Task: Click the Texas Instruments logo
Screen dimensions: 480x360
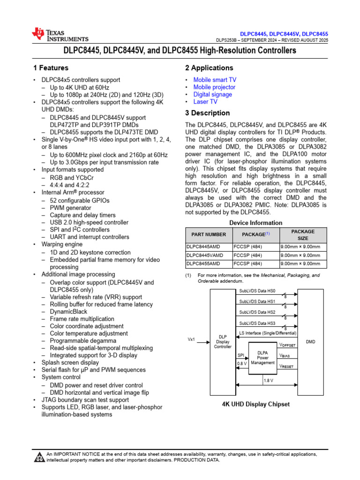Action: point(60,35)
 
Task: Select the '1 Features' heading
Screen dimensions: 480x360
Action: point(51,68)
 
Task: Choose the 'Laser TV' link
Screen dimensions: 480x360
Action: point(205,101)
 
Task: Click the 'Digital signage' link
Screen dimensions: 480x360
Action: point(212,94)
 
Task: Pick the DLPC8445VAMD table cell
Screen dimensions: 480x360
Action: point(205,255)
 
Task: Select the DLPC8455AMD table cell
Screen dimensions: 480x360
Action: point(203,264)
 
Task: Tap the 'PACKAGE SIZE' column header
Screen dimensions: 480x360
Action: point(303,234)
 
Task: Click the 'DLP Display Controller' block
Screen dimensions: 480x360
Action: point(223,342)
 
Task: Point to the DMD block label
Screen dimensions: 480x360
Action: point(310,342)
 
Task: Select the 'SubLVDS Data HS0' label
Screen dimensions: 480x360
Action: point(257,291)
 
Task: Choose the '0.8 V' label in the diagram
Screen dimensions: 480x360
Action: point(242,363)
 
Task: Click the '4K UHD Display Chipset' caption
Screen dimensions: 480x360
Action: point(256,404)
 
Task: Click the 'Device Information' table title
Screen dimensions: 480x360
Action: point(255,223)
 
